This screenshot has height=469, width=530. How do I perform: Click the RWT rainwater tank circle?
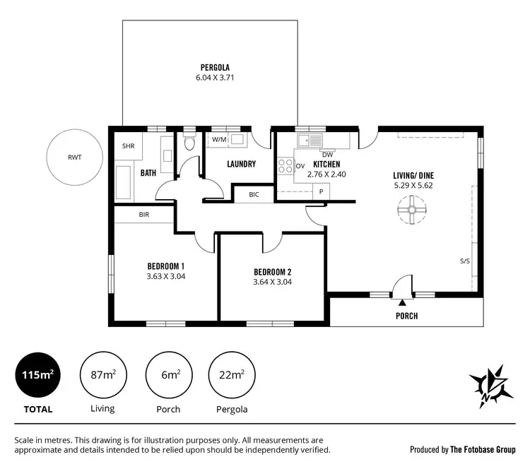coord(74,158)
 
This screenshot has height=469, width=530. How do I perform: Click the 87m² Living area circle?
coord(103,374)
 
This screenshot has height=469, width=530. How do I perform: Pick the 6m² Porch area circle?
coord(167,374)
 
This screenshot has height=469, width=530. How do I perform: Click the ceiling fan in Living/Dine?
coord(411,210)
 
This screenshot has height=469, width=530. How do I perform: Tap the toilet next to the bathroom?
coord(189,144)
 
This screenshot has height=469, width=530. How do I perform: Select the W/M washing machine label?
coord(219,140)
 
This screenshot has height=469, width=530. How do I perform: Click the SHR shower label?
coord(129,146)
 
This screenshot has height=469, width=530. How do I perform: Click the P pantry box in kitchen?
coord(321,191)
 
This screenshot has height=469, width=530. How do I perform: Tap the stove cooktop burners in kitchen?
coord(285,167)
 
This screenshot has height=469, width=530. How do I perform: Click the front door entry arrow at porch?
coord(401,302)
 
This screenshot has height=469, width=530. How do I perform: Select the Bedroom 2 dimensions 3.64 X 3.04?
coord(272,282)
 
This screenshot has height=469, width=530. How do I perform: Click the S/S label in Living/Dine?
coord(464,261)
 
